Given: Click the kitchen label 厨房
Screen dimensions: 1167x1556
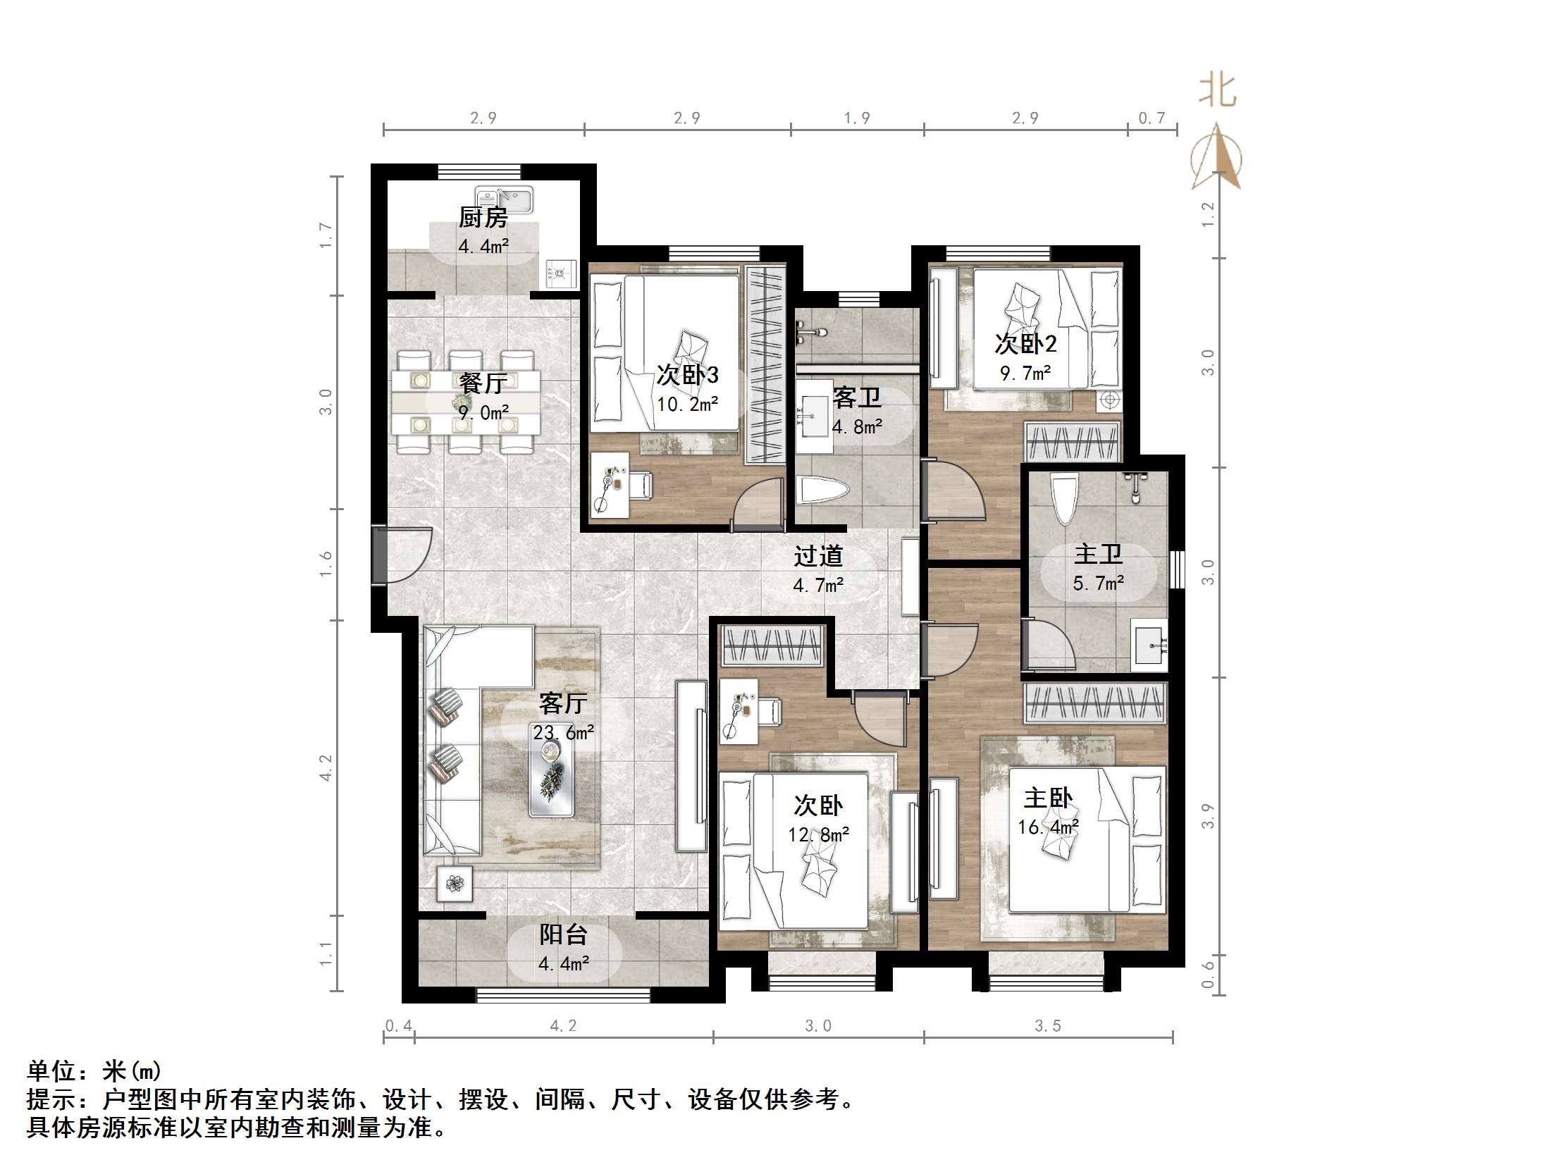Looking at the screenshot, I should click(x=483, y=218).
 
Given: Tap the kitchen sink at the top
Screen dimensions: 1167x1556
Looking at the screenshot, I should click(x=504, y=199).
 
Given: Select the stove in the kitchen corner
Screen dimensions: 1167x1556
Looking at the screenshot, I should click(x=561, y=273).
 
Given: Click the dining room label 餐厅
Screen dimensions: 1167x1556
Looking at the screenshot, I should click(x=483, y=383).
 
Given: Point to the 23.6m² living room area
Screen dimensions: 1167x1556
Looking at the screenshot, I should click(x=563, y=733).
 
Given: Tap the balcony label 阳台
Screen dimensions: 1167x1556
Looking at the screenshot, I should click(x=563, y=934).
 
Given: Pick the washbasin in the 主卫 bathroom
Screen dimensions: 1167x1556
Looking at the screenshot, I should click(x=1149, y=644).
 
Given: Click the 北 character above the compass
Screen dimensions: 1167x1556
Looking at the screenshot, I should click(x=1217, y=92).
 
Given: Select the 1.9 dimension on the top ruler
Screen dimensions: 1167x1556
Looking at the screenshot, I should click(x=857, y=118).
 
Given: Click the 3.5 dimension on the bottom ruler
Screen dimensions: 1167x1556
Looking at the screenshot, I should click(x=1047, y=1026).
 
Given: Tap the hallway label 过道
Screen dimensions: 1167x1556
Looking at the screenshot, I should click(x=818, y=557).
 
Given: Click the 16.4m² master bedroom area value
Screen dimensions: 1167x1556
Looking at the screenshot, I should click(x=1048, y=827).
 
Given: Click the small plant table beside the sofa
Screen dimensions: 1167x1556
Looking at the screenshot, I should click(x=455, y=884).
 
